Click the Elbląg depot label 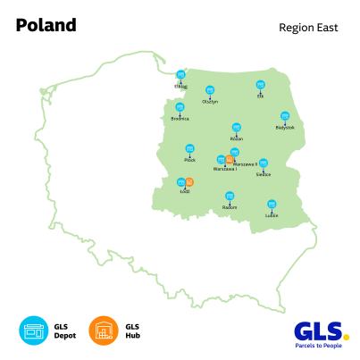tap(181, 87)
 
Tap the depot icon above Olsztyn tap(210, 89)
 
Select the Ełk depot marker tap(261, 85)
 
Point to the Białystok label tap(285, 128)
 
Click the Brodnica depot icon tap(180, 105)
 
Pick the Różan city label tap(236, 138)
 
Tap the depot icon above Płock tap(189, 148)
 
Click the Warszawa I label tap(224, 169)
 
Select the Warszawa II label tap(245, 163)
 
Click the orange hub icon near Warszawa tap(230, 160)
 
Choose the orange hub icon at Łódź tap(189, 182)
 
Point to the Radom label tap(230, 206)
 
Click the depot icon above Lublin tap(272, 203)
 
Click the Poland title tap(46, 25)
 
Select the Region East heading tap(308, 28)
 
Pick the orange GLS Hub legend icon tap(104, 331)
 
